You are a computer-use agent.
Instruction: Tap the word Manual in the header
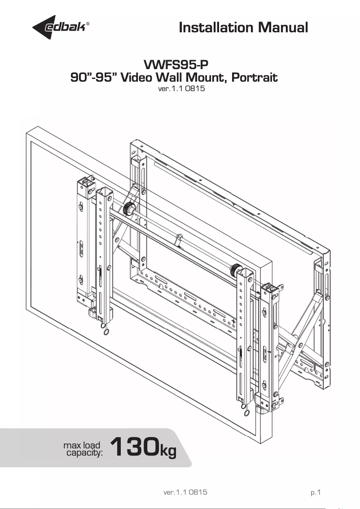(282, 28)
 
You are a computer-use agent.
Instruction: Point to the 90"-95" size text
(94, 78)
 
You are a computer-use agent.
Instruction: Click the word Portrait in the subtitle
(252, 78)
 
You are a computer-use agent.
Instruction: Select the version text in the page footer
(185, 492)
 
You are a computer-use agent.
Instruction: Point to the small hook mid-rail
(179, 237)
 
